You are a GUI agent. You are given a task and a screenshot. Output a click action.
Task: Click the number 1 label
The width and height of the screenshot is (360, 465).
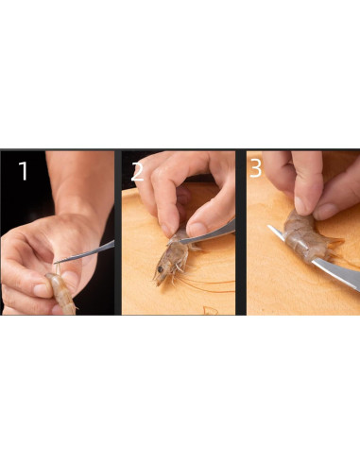[24, 171]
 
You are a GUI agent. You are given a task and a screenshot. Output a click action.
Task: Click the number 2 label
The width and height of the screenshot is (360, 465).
[137, 172]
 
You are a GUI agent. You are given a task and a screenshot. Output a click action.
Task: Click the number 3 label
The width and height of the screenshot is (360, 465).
[255, 168]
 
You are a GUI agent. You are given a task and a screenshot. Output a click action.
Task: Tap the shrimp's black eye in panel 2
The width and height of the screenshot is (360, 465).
[161, 269]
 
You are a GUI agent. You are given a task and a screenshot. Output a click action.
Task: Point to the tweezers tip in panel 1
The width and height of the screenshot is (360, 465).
[55, 262]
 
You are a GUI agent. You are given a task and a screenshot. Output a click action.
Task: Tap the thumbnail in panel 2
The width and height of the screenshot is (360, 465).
[196, 229]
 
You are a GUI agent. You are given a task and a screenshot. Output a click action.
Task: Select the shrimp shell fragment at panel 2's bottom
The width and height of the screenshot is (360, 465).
[211, 310]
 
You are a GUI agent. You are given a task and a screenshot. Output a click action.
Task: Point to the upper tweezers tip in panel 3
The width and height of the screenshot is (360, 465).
[269, 227]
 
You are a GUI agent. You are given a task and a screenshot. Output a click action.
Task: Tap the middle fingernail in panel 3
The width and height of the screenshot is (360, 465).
[300, 206]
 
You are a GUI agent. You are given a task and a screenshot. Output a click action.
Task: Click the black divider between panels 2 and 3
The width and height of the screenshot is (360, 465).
[241, 232]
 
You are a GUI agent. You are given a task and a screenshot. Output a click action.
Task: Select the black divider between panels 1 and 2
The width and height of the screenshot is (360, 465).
[118, 232]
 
